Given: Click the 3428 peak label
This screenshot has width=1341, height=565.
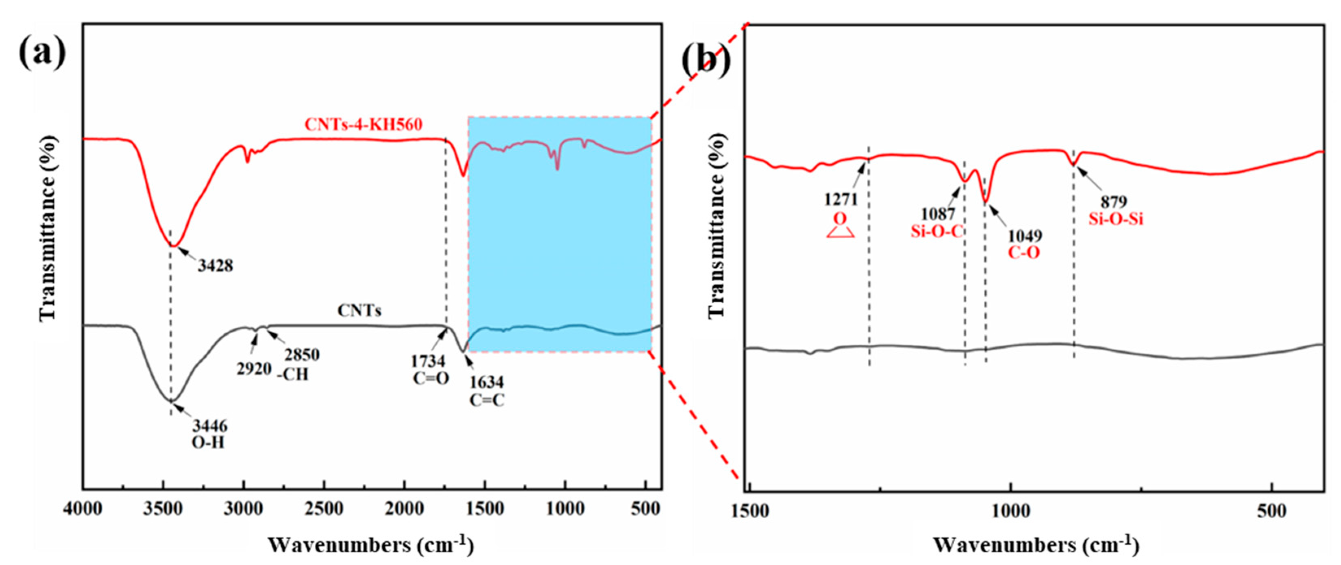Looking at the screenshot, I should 215,266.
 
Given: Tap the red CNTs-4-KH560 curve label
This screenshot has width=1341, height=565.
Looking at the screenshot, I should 364,125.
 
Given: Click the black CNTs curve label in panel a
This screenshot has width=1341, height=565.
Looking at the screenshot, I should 359,311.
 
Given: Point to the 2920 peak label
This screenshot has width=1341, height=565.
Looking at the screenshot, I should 254,369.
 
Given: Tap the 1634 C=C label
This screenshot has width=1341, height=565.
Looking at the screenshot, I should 487,390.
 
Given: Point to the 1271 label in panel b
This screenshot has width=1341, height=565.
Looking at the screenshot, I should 840,199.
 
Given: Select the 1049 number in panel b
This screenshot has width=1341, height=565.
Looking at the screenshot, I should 1025,236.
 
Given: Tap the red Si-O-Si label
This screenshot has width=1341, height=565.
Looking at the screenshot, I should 1116,219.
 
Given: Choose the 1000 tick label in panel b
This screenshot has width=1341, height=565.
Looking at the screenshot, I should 1010,511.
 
